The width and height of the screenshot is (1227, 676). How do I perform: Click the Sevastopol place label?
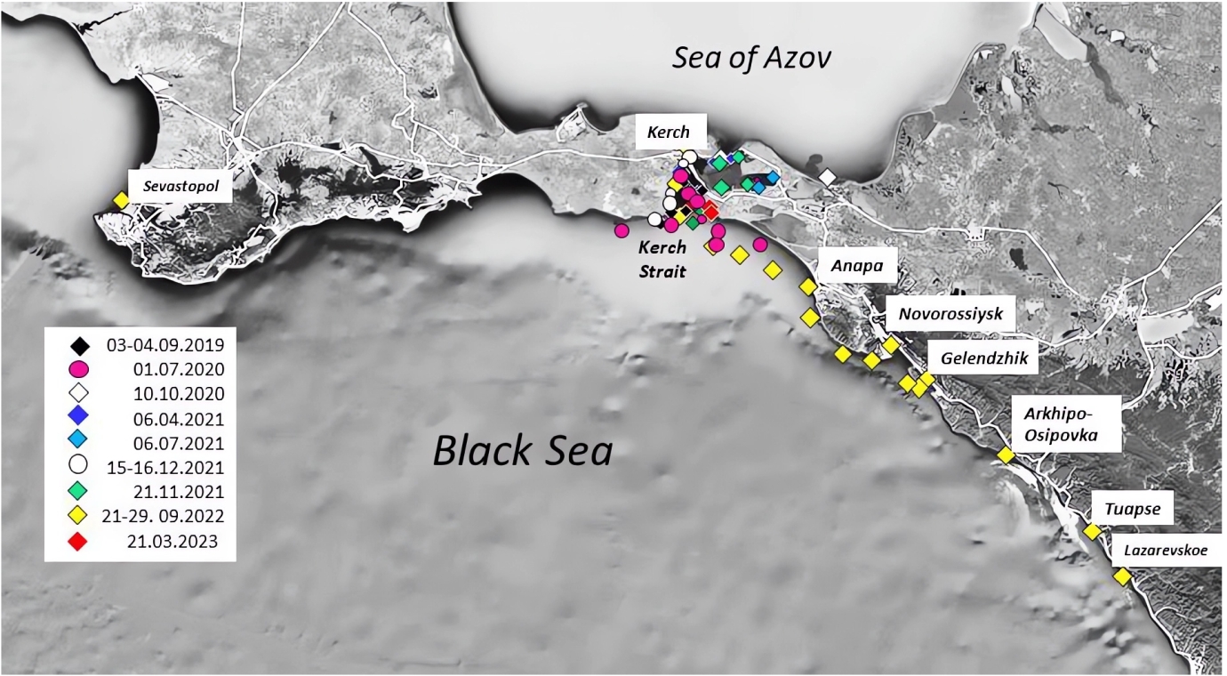pyautogui.click(x=180, y=186)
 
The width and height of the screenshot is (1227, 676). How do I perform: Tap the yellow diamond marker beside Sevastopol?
pyautogui.click(x=121, y=200)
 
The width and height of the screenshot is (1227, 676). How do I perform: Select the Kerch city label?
pyautogui.click(x=669, y=132)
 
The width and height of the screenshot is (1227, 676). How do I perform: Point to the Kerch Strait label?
pyautogui.click(x=662, y=259)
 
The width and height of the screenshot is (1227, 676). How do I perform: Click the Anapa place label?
pyautogui.click(x=857, y=266)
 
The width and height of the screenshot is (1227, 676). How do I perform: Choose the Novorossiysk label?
pyautogui.click(x=951, y=313)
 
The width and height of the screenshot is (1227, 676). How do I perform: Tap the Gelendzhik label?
pyautogui.click(x=984, y=358)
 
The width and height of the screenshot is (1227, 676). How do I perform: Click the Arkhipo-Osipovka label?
pyautogui.click(x=1061, y=424)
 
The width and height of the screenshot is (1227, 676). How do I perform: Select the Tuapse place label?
pyautogui.click(x=1132, y=509)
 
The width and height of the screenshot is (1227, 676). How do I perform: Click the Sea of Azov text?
pyautogui.click(x=751, y=58)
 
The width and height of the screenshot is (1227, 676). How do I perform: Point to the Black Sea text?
pyautogui.click(x=523, y=450)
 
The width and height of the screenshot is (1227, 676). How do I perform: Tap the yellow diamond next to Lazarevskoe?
pyautogui.click(x=1122, y=576)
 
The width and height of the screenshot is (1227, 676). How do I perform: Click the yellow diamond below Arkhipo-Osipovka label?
pyautogui.click(x=1006, y=455)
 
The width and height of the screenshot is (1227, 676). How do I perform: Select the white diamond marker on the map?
pyautogui.click(x=827, y=177)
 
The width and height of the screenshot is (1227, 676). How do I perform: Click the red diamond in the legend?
pyautogui.click(x=77, y=542)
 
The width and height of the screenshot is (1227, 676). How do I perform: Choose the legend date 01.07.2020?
pyautogui.click(x=179, y=370)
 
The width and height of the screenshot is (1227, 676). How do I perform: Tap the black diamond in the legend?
pyautogui.click(x=79, y=346)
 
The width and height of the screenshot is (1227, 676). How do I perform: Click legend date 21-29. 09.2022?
pyautogui.click(x=163, y=516)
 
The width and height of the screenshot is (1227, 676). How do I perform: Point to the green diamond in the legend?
pyautogui.click(x=77, y=491)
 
